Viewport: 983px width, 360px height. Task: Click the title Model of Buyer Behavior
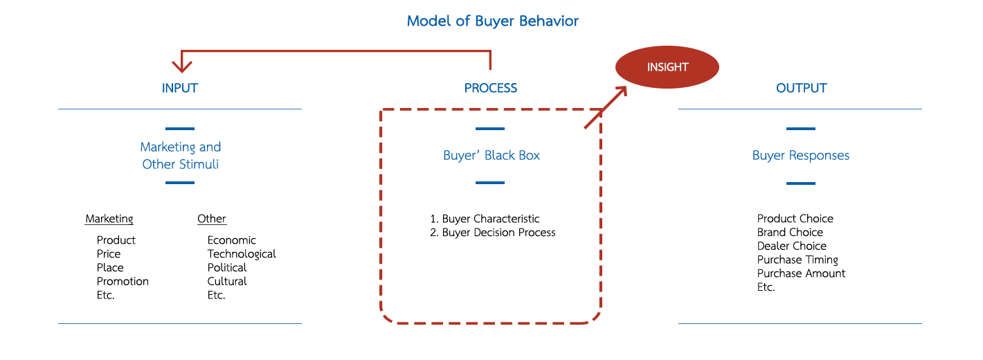tap(492, 21)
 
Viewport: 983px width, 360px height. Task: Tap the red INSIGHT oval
tap(667, 67)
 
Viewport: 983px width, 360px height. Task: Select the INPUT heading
tap(180, 88)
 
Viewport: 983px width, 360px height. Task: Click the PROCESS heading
tap(490, 88)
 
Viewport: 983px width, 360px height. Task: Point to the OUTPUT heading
tap(801, 88)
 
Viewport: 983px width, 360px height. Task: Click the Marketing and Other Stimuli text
tap(180, 155)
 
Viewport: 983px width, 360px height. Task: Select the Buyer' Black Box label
tap(491, 155)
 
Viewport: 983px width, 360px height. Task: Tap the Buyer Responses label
tap(800, 155)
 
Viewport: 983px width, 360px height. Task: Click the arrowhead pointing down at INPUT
tap(181, 66)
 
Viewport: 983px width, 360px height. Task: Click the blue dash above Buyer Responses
tap(800, 129)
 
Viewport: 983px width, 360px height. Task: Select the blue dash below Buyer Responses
tap(800, 183)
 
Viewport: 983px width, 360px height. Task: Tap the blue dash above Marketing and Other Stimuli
tap(180, 129)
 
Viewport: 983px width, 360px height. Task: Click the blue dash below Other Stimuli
tap(180, 183)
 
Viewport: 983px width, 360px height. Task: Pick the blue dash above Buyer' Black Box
tap(490, 129)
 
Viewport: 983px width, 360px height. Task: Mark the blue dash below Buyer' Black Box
tap(490, 183)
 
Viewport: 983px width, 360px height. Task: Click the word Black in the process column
tap(499, 155)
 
